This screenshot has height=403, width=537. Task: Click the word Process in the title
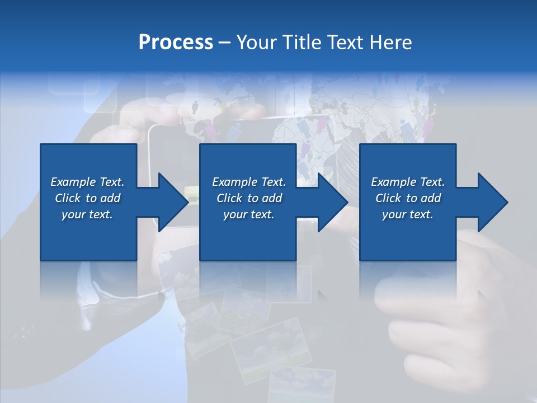click(176, 43)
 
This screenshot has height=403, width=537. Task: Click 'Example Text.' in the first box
click(87, 182)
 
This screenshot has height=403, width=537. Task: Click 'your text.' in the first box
click(87, 214)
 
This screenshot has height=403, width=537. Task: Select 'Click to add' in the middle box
click(249, 198)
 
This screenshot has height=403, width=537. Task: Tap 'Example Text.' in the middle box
click(249, 182)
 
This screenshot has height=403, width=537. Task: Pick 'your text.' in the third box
click(408, 214)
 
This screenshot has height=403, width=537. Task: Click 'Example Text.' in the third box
click(408, 182)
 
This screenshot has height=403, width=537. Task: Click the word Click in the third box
click(388, 198)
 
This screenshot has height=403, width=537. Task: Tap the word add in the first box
click(111, 198)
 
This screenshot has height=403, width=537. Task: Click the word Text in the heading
click(342, 43)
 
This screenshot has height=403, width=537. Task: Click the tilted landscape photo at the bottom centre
click(271, 344)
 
